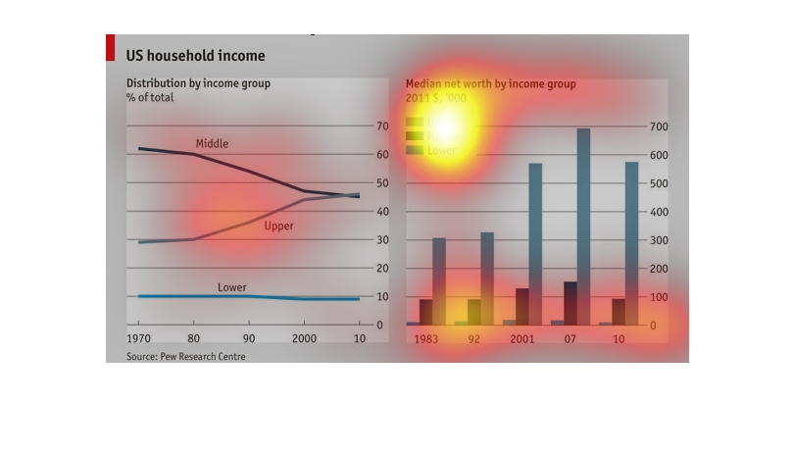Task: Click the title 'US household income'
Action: pyautogui.click(x=195, y=56)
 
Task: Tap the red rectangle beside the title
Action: pyautogui.click(x=110, y=48)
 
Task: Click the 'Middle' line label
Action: pyautogui.click(x=212, y=144)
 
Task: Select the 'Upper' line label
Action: pyautogui.click(x=278, y=227)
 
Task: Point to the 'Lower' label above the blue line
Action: pyautogui.click(x=231, y=287)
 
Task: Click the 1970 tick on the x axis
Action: pyautogui.click(x=138, y=339)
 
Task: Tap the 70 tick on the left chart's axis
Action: pyautogui.click(x=382, y=127)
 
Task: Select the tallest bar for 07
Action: pyautogui.click(x=583, y=226)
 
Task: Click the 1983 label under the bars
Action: pyautogui.click(x=426, y=339)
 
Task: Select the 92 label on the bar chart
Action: pyautogui.click(x=474, y=339)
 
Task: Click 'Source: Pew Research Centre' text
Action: pyautogui.click(x=185, y=357)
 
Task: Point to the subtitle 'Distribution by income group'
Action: pyautogui.click(x=198, y=83)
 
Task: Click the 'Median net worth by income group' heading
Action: pyautogui.click(x=490, y=83)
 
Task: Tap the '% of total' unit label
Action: pyautogui.click(x=150, y=97)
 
